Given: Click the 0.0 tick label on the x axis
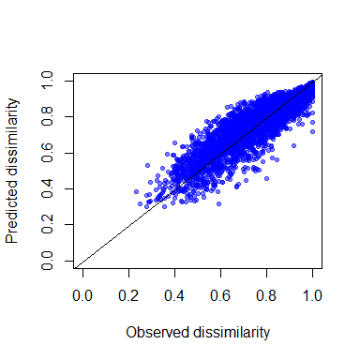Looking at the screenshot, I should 82,295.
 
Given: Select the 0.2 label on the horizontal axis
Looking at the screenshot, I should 128,295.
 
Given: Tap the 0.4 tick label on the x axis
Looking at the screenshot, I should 174,295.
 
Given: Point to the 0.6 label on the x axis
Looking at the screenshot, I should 220,295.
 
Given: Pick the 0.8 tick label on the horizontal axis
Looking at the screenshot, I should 266,295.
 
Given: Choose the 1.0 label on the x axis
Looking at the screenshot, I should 312,295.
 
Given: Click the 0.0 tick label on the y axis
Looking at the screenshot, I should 48,260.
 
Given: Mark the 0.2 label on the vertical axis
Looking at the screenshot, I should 48,224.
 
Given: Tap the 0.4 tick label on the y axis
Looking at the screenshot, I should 48,188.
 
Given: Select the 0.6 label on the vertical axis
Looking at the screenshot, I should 48,153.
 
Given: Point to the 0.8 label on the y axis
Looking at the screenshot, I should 48,117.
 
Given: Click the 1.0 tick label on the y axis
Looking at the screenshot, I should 48,82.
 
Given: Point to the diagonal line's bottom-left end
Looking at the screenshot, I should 74,268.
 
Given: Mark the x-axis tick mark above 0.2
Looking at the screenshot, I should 128,272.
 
